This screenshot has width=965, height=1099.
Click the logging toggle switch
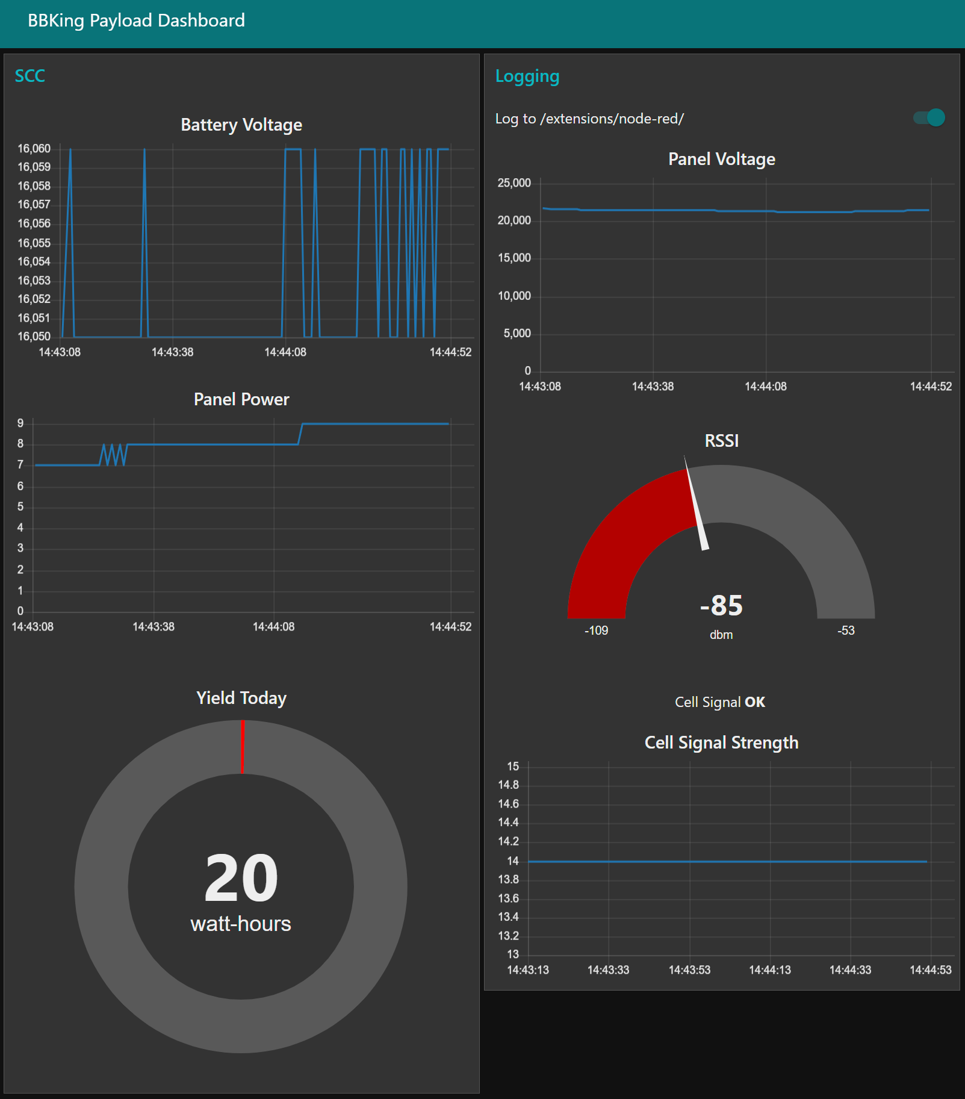point(929,117)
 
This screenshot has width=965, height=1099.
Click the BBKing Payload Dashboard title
point(136,20)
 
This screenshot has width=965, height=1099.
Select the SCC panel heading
point(29,76)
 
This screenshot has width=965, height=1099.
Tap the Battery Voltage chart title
point(241,125)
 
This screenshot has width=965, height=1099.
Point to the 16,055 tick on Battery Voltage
point(34,243)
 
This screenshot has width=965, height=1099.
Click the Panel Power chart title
point(241,399)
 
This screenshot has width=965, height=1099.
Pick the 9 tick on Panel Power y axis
point(20,423)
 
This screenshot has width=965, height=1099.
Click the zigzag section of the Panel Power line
point(114,455)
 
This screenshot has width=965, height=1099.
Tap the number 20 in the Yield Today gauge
point(241,878)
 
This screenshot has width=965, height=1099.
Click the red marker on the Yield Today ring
point(243,747)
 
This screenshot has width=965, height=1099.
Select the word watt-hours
point(241,924)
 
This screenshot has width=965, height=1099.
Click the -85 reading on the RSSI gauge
point(721,605)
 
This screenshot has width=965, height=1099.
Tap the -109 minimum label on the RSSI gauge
point(596,630)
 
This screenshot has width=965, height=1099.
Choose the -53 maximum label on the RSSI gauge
point(846,630)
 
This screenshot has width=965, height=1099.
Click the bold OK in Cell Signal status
point(755,702)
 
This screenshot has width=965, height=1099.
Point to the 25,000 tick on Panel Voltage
point(514,183)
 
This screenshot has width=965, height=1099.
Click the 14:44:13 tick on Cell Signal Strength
point(770,970)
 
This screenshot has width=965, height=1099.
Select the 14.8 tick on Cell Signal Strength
point(508,785)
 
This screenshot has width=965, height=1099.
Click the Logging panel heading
point(527,76)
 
